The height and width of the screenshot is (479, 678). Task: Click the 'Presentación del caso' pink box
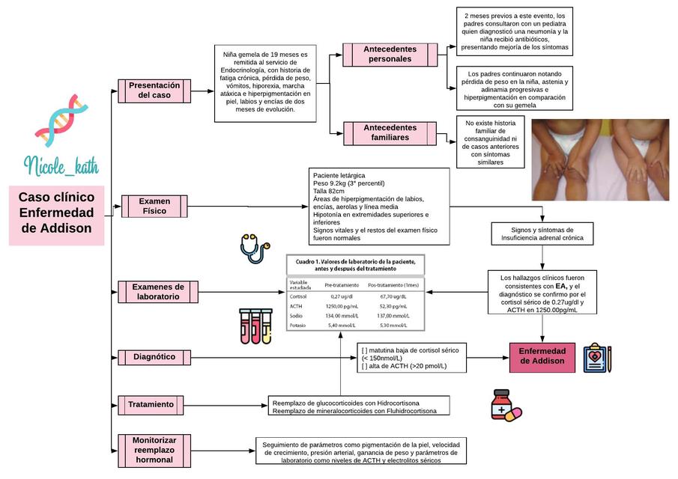150,90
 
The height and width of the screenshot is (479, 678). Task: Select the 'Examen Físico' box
154,206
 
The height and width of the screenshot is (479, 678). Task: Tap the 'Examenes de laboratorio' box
158,291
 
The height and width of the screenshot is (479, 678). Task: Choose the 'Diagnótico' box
154,357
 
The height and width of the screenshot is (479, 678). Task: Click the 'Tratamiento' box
151,404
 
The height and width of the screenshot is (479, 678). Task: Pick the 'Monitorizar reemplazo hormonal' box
154,450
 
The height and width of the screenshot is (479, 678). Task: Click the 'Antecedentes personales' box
390,54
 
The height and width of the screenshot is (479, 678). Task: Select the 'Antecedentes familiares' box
390,133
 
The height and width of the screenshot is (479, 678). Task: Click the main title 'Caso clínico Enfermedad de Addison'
56,213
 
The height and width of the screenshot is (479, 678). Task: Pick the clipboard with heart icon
597,358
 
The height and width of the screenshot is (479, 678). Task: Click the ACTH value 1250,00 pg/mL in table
340,306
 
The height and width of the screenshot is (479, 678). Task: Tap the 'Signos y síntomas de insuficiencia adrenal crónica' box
542,234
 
